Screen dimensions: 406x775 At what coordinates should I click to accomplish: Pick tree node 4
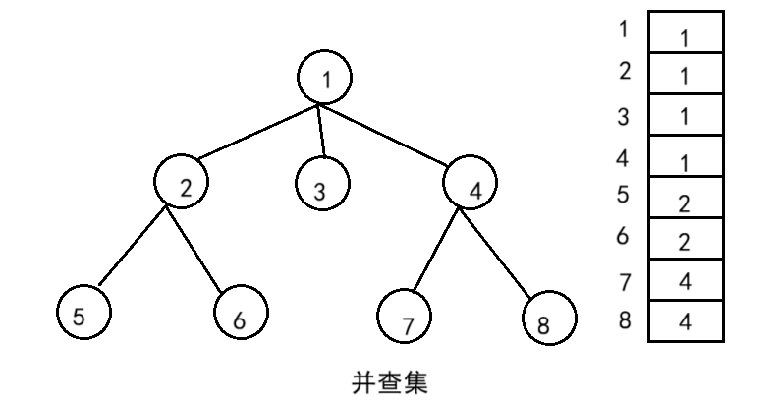coord(471,184)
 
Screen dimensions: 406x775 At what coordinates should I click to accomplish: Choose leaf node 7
coord(406,317)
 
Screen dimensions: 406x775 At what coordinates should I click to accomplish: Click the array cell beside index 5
coord(685,201)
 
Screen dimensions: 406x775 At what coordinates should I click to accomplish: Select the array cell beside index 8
coord(685,321)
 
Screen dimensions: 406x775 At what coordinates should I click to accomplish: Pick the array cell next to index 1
coord(685,32)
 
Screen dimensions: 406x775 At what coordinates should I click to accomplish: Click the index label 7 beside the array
coord(624,282)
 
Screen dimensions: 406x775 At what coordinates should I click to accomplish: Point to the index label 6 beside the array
coord(623,237)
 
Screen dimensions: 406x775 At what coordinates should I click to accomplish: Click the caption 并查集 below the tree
coord(389,381)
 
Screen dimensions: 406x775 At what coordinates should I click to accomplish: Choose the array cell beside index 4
coord(685,158)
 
